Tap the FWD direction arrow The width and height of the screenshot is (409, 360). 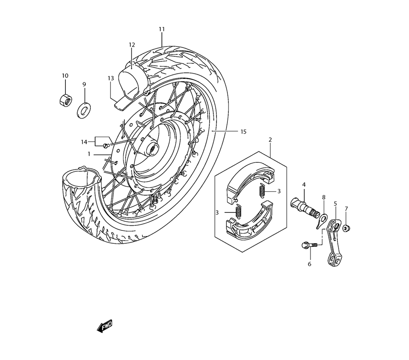click(105, 326)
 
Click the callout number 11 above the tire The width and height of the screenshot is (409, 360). click(162, 29)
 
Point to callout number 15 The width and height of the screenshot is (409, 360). click(243, 132)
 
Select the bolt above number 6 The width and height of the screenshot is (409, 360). click(309, 245)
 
